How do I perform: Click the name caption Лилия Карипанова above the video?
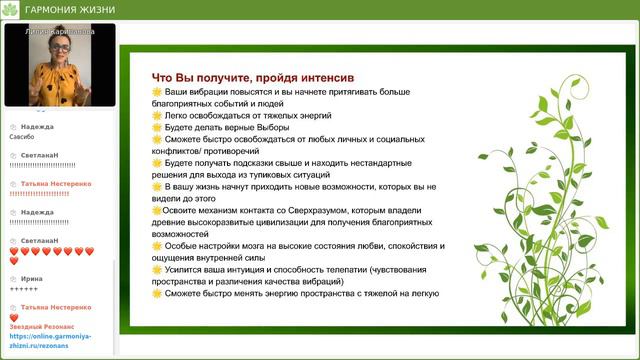[x=57, y=31]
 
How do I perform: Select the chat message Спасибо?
[x=22, y=137]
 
